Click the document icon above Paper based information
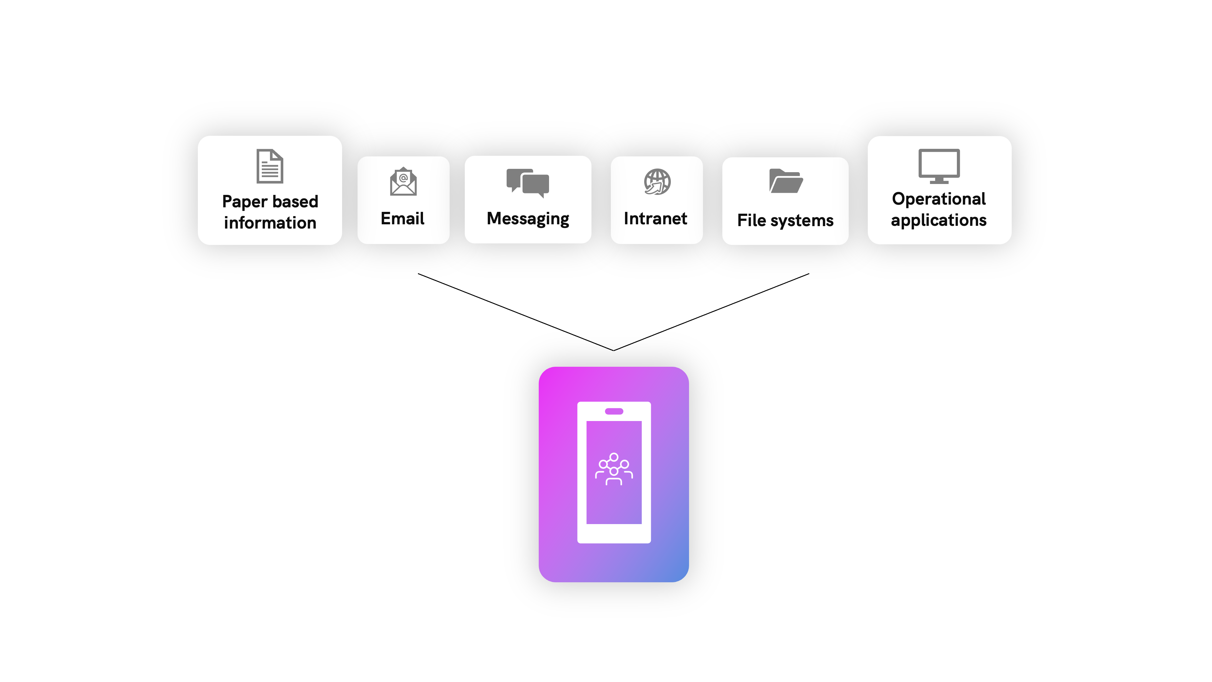(270, 166)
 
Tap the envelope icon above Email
(403, 181)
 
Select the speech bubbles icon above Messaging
(528, 183)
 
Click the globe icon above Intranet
(657, 182)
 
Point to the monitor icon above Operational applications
(939, 166)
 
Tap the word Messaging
(528, 219)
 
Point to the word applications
(939, 221)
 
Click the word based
(295, 202)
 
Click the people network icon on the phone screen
(614, 469)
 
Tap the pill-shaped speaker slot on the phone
(614, 411)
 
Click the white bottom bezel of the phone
(614, 534)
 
